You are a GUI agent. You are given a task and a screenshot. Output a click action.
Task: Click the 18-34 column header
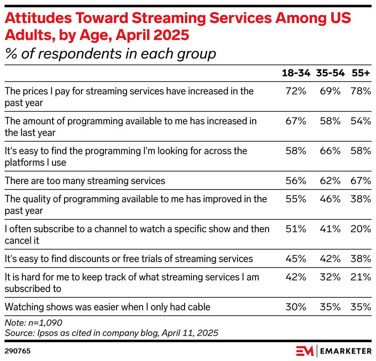pos(296,73)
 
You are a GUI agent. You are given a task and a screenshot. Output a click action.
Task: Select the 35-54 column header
pos(330,73)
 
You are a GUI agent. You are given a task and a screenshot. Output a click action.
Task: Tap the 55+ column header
pos(361,73)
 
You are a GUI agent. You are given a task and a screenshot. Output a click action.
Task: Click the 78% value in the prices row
pos(361,91)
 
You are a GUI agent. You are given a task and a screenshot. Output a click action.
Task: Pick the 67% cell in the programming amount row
pos(296,121)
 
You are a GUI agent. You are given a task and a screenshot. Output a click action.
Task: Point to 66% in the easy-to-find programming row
pos(330,151)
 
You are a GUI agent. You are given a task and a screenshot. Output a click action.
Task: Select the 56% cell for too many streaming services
pos(296,181)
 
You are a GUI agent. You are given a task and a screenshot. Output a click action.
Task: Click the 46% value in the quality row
pos(330,199)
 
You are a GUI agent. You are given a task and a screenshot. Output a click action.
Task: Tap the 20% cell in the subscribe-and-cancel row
pos(361,229)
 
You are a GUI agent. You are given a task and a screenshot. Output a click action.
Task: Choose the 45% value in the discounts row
pos(296,259)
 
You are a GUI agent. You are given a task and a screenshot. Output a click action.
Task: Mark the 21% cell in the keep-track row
pos(361,277)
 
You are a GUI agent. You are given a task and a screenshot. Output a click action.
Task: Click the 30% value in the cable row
pos(296,307)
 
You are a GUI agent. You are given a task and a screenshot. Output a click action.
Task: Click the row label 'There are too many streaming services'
pos(85,181)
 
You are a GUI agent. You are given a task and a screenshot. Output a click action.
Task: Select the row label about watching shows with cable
pos(107,307)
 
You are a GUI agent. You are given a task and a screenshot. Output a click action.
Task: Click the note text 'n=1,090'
pos(45,323)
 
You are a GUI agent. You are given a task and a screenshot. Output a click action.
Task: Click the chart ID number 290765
pos(18,351)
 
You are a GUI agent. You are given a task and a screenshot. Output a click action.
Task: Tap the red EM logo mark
pos(305,351)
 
